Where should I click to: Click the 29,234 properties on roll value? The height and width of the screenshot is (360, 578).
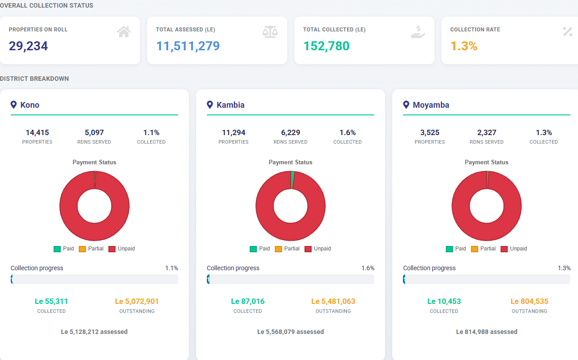pyautogui.click(x=28, y=46)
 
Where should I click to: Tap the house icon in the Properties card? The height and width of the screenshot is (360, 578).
pyautogui.click(x=123, y=32)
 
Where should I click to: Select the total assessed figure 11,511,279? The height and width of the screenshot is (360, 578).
pyautogui.click(x=188, y=46)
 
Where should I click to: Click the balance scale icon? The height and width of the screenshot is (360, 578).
pyautogui.click(x=270, y=32)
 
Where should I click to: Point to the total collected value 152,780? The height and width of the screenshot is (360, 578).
pyautogui.click(x=326, y=46)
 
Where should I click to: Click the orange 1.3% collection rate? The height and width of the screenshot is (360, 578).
pyautogui.click(x=464, y=46)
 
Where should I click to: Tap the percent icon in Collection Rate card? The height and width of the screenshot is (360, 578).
pyautogui.click(x=567, y=32)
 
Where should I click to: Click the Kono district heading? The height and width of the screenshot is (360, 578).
pyautogui.click(x=30, y=105)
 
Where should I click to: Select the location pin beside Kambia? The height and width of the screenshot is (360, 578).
pyautogui.click(x=210, y=105)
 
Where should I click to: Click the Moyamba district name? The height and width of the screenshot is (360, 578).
pyautogui.click(x=431, y=105)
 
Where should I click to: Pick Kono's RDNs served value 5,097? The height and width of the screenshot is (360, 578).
pyautogui.click(x=94, y=133)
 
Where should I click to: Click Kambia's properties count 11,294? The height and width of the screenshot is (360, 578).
pyautogui.click(x=233, y=133)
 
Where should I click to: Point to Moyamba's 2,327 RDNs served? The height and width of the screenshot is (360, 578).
pyautogui.click(x=486, y=133)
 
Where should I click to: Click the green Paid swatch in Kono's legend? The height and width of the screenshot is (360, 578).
pyautogui.click(x=57, y=249)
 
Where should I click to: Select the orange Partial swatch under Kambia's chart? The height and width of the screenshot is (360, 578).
pyautogui.click(x=278, y=249)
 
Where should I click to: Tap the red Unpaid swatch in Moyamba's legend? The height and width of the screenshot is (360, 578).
pyautogui.click(x=504, y=249)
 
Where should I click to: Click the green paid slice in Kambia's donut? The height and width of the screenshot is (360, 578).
pyautogui.click(x=292, y=180)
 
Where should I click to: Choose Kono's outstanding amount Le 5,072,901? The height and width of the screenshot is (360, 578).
pyautogui.click(x=137, y=301)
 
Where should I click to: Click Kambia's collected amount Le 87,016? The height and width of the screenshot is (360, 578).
pyautogui.click(x=248, y=301)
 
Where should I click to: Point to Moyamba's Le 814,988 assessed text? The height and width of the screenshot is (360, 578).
pyautogui.click(x=486, y=332)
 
